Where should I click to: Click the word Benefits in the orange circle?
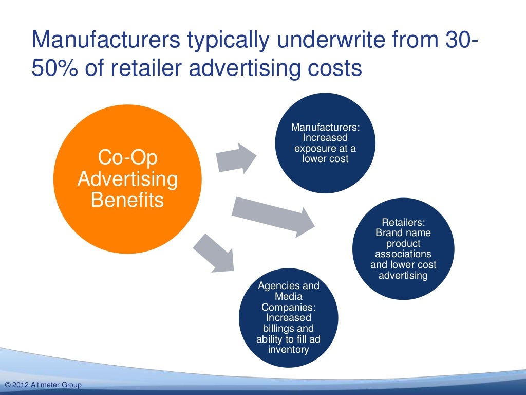(x=127, y=200)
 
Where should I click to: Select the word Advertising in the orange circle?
(x=127, y=179)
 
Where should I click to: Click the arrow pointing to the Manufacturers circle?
(x=235, y=158)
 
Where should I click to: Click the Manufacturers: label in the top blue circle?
(x=325, y=127)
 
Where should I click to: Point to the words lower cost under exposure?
(x=325, y=159)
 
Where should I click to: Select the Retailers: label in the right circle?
(x=403, y=222)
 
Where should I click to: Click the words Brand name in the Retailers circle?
(x=403, y=233)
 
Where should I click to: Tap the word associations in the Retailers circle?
(x=403, y=255)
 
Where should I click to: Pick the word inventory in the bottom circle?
(x=288, y=350)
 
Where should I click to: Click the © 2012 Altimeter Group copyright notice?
(x=42, y=385)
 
